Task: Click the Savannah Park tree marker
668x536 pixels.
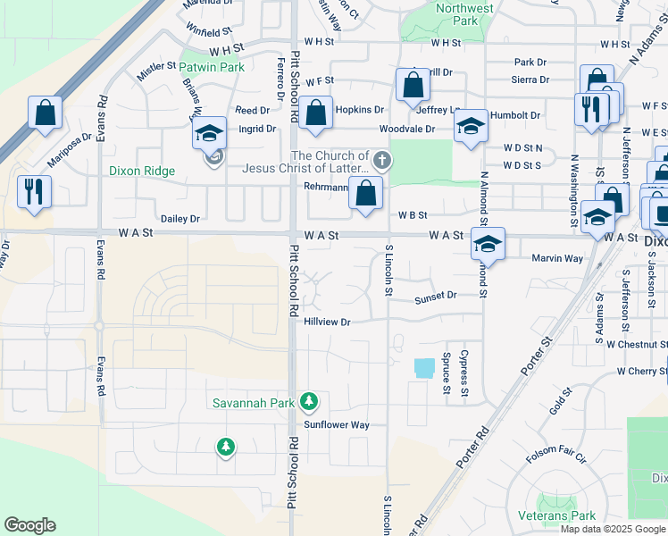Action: [x=309, y=402]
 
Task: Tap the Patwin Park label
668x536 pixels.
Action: [x=212, y=67]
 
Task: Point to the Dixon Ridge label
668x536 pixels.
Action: [x=142, y=170]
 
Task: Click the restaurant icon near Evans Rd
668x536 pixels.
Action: [x=34, y=191]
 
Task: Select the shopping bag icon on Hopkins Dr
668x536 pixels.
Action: [x=315, y=113]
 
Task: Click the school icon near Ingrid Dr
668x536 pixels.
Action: [x=209, y=133]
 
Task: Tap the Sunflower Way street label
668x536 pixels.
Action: [x=337, y=425]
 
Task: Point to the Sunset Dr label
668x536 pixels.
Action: [x=435, y=295]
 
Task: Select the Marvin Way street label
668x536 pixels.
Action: [x=557, y=259]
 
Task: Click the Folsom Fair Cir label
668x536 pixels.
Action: [x=555, y=459]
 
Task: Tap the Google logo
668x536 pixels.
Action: [x=30, y=525]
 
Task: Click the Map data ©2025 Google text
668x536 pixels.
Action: [x=613, y=529]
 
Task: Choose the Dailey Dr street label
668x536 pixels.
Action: [x=180, y=218]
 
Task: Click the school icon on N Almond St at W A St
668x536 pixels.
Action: [x=488, y=243]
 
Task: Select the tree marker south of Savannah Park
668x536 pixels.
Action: [x=226, y=446]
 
